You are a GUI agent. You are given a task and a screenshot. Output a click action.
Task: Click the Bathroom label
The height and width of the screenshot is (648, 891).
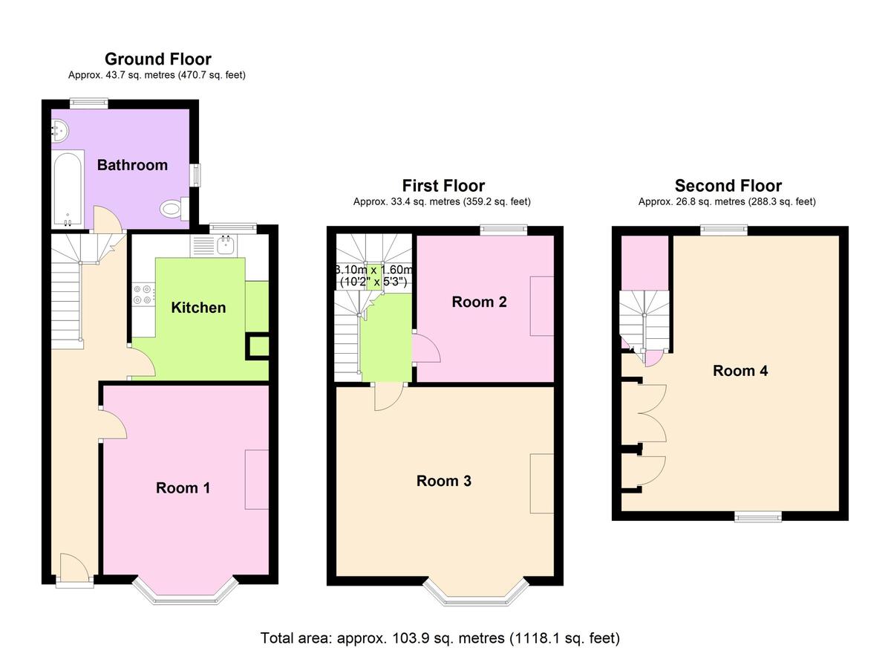coord(132,165)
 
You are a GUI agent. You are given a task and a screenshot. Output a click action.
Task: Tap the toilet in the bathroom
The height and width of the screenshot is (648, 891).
coord(174,209)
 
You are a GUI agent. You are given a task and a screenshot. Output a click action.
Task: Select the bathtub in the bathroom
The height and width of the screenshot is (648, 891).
coord(68,189)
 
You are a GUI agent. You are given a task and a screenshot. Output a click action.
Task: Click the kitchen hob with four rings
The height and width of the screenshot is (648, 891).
coord(143,294)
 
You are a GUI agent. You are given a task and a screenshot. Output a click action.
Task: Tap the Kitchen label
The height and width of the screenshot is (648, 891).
coord(198,308)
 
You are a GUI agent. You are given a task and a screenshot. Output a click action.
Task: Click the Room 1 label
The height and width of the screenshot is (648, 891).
coord(183,488)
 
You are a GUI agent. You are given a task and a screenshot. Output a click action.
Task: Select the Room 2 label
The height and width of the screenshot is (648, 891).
coord(480,302)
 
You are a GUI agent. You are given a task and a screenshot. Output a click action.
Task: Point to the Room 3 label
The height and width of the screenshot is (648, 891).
coord(444,481)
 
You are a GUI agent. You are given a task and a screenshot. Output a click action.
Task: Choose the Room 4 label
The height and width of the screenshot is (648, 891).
coord(740,371)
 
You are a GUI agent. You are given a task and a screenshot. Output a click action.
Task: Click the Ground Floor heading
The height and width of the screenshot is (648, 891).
coord(158,59)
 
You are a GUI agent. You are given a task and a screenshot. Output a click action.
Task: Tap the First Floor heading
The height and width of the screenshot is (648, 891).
coord(443,186)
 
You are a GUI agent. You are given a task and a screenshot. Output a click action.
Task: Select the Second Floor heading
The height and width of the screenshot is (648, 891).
coord(728,186)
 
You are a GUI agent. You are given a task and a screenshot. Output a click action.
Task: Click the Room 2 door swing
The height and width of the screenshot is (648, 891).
coord(426,349)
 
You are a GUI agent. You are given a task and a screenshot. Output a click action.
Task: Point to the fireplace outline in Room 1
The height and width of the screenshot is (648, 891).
coord(257,479)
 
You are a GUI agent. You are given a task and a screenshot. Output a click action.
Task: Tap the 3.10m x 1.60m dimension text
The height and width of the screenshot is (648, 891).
coord(373,276)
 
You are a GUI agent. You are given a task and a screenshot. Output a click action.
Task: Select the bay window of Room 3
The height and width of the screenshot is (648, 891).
coord(476,595)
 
